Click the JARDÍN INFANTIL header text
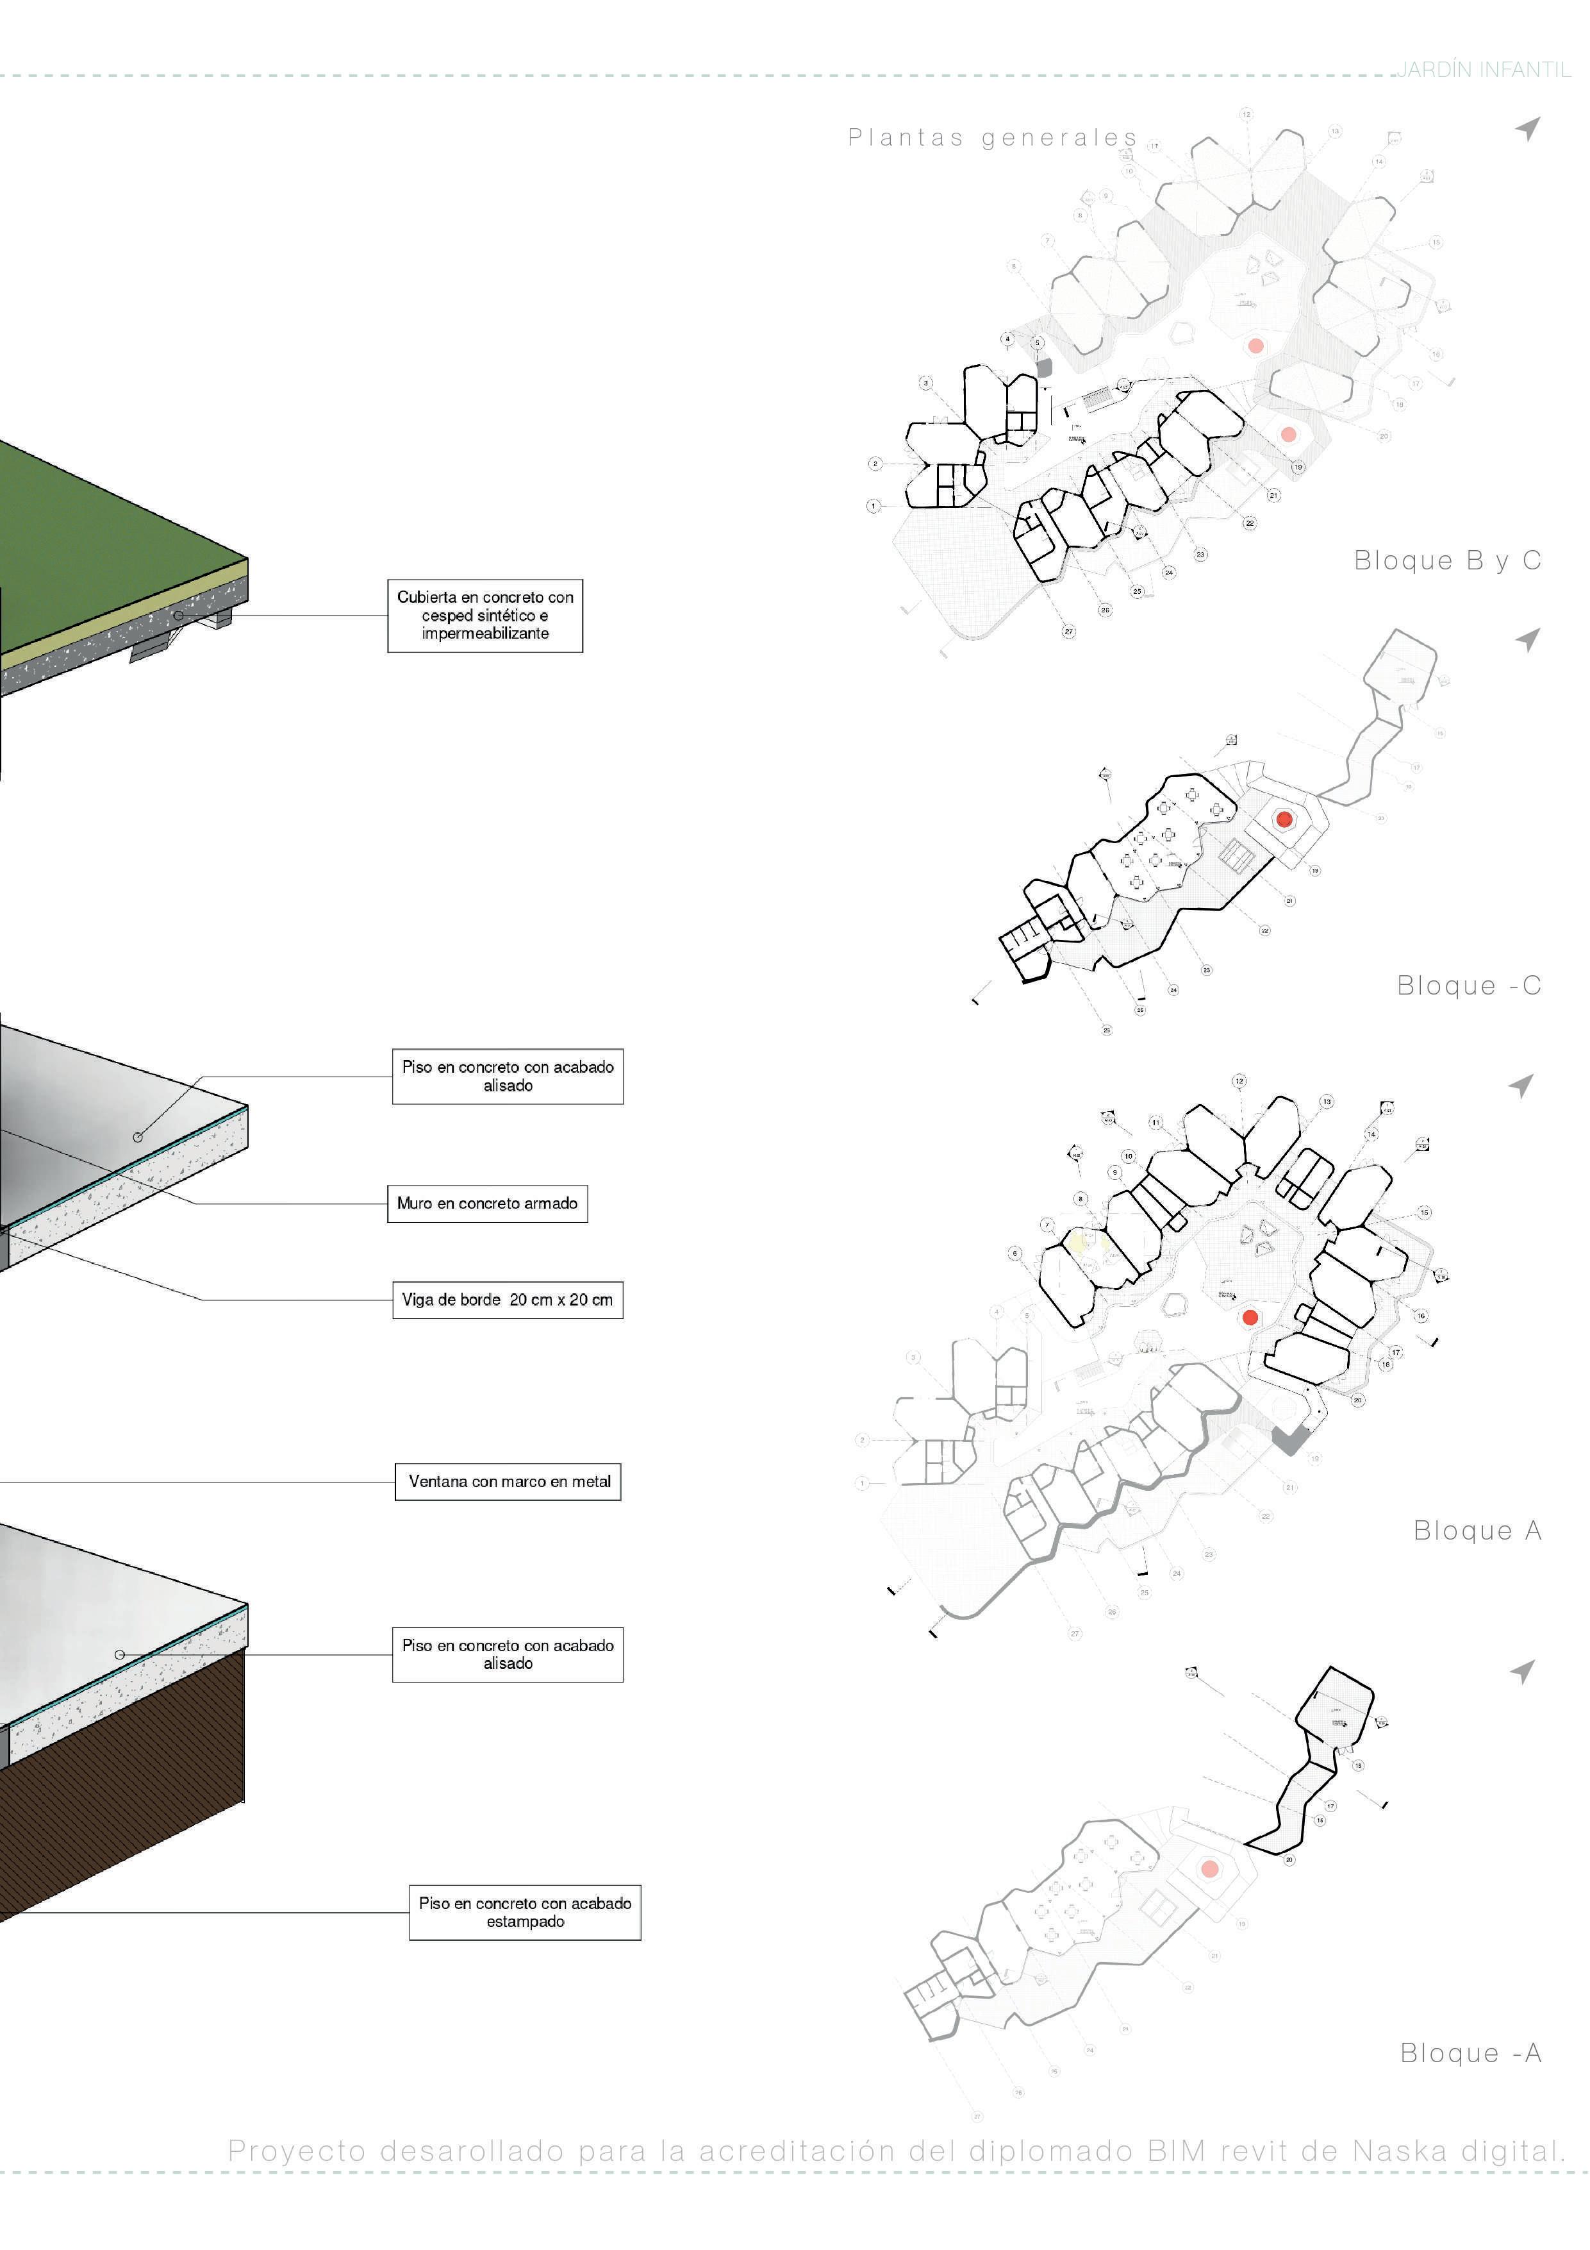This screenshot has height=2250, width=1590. [x=1483, y=70]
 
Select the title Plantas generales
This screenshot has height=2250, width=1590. [x=993, y=138]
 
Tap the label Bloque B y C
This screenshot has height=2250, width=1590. [x=1447, y=560]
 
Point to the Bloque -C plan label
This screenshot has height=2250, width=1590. [x=1468, y=986]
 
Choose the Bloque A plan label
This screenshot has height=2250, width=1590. [x=1477, y=1531]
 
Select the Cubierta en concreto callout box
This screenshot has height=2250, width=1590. [x=485, y=616]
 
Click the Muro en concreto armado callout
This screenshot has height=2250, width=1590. [x=487, y=1204]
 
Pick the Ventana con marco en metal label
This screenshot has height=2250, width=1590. [x=508, y=1482]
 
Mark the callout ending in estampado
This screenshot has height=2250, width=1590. [x=525, y=1912]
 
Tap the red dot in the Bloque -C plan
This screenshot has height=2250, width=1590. [x=1284, y=819]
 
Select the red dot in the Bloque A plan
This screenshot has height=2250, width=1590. [x=1250, y=1317]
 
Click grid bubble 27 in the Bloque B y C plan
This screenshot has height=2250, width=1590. [x=1069, y=632]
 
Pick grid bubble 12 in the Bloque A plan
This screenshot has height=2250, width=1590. [x=1239, y=1082]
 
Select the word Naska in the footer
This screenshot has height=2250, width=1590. [x=1399, y=2151]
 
